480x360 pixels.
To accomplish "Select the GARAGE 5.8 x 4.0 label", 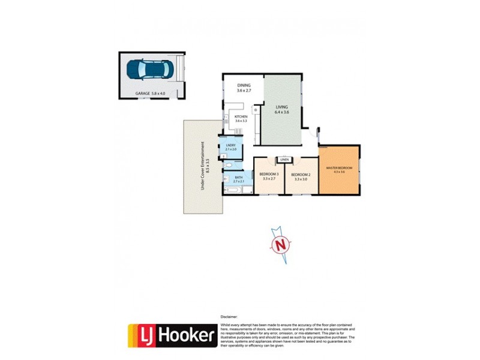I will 149,94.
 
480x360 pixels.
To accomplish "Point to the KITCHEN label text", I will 241,116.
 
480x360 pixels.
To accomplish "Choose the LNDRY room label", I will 230,145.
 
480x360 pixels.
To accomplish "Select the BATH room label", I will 238,177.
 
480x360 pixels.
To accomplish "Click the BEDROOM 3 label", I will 269,175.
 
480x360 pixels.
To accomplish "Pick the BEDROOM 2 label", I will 300,175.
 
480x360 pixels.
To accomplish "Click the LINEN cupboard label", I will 284,160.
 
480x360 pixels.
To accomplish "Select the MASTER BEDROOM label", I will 339,167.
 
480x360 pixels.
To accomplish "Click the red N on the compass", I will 279,245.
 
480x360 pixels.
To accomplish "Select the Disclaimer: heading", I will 230,316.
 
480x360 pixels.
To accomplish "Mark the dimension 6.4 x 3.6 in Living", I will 282,112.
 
